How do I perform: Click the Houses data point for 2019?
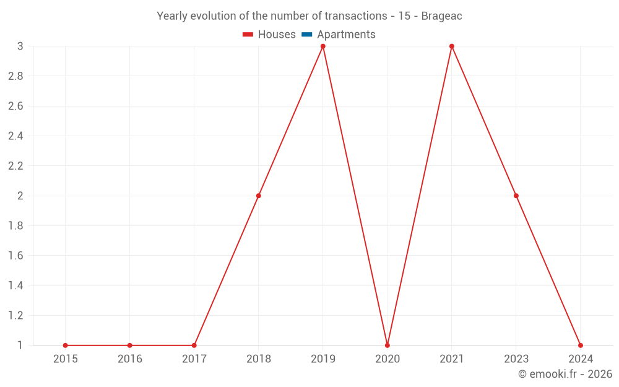(323, 46)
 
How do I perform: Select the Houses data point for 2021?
(452, 46)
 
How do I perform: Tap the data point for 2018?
(259, 196)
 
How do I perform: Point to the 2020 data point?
(387, 345)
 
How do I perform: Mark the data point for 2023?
(516, 196)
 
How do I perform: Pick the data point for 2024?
(581, 345)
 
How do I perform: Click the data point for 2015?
(66, 345)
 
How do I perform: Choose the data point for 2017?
(194, 345)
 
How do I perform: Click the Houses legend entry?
(269, 35)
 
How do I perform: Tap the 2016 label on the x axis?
(130, 359)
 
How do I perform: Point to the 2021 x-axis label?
(452, 359)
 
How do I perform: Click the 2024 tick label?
(581, 359)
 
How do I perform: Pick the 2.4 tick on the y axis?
(15, 136)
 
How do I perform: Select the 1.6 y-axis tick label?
(15, 256)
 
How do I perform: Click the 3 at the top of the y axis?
(20, 46)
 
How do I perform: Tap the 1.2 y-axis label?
(15, 315)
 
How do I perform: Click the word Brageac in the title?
(441, 16)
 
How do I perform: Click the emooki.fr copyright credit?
(565, 374)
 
